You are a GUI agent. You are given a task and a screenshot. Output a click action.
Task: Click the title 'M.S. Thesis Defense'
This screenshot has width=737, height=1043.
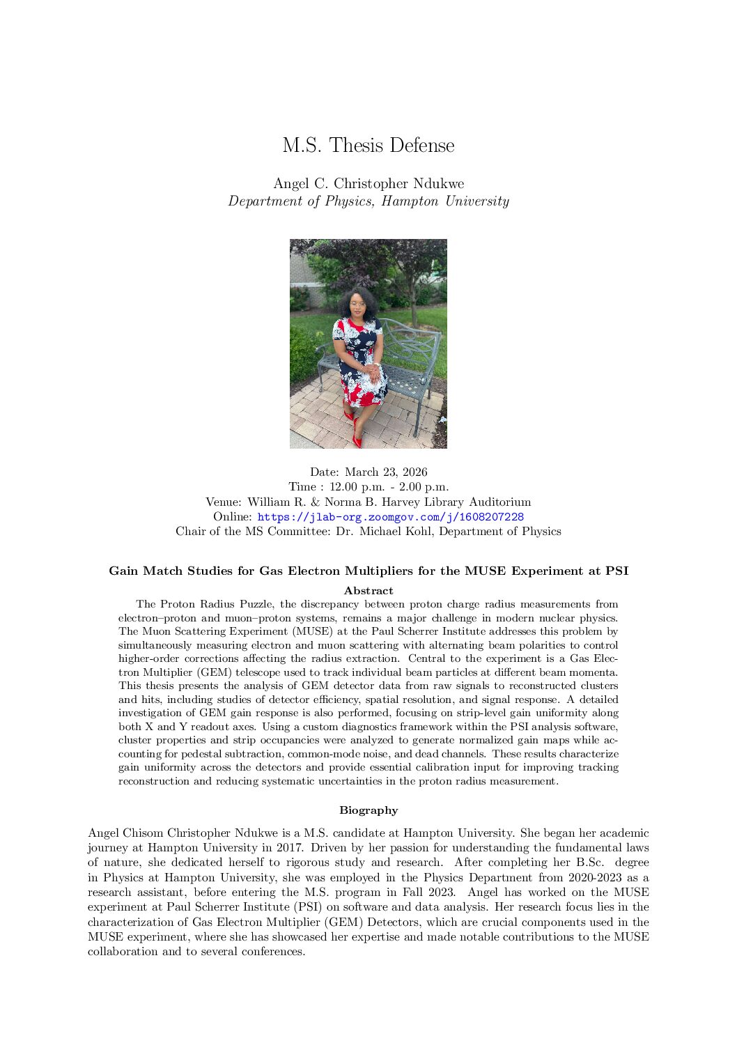[x=368, y=146]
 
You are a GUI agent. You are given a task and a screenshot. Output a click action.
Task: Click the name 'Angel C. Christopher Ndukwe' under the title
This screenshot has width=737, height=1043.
[x=368, y=183]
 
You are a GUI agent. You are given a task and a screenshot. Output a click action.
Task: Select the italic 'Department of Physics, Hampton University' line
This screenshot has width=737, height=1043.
[x=368, y=201]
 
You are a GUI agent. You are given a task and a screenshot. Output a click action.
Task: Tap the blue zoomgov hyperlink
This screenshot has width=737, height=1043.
[x=390, y=517]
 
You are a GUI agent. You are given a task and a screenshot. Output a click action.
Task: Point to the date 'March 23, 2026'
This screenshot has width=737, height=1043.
[x=386, y=472]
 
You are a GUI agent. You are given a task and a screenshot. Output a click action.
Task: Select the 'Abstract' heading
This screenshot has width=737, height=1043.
[x=368, y=591]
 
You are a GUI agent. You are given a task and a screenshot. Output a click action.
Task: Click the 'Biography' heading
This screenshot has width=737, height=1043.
[x=368, y=810]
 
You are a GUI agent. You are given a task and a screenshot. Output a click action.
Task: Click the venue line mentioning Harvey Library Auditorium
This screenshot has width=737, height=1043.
[x=368, y=502]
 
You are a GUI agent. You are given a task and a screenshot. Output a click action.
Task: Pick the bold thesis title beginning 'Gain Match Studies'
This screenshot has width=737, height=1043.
[x=368, y=571]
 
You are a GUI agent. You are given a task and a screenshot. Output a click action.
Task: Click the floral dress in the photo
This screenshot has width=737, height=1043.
[x=359, y=362]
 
